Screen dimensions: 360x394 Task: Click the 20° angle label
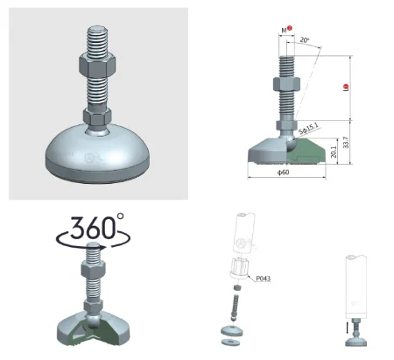pos(303,40)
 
